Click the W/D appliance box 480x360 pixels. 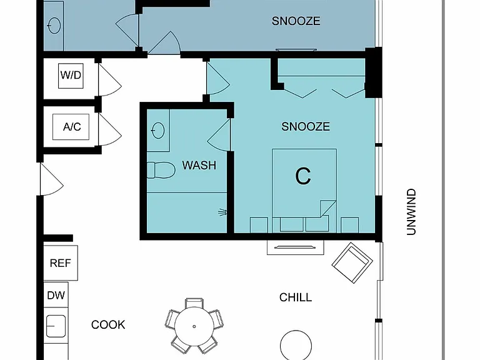tap(71, 76)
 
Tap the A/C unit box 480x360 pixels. tap(71, 127)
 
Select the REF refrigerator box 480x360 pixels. tap(61, 262)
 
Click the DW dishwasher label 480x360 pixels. tap(56, 295)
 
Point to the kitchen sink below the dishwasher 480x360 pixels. tap(56, 326)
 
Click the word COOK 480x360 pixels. tap(108, 325)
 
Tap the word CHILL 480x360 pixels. tap(296, 297)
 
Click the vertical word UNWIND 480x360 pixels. tap(411, 212)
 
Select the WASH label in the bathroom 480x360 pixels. tap(199, 165)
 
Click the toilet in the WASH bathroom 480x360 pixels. tap(161, 170)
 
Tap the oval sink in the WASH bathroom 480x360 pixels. tap(158, 131)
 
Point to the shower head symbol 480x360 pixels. tap(222, 212)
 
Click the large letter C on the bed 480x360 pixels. tap(302, 176)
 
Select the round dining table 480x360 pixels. tap(194, 326)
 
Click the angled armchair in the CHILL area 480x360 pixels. tap(352, 262)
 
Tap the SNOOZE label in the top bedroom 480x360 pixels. tap(296, 21)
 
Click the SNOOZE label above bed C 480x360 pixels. tap(306, 126)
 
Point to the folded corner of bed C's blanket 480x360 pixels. tap(328, 209)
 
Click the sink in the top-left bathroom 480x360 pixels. tap(55, 26)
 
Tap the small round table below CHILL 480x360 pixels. tap(296, 345)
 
